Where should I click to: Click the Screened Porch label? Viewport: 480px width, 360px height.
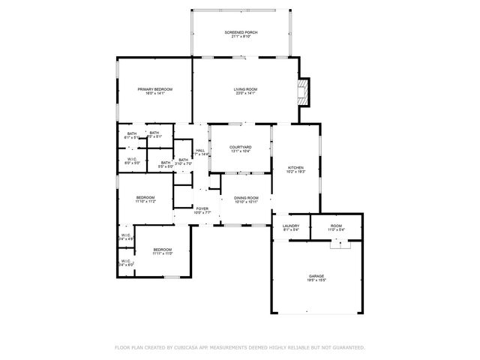tap(240, 32)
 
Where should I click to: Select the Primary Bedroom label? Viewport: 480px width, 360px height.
tap(154, 89)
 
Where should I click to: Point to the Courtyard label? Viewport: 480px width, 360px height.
tap(240, 147)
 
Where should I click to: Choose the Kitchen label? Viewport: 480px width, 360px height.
tap(295, 167)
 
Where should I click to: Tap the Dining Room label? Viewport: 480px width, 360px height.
tap(246, 197)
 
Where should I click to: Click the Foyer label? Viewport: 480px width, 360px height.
tap(202, 208)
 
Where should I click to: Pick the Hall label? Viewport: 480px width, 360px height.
tap(200, 151)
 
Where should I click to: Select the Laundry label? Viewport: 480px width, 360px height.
tap(291, 226)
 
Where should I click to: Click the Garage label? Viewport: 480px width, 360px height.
tap(316, 277)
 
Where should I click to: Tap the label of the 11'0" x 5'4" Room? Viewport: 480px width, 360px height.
tap(337, 226)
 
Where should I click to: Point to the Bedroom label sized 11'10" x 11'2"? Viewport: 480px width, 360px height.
tap(145, 197)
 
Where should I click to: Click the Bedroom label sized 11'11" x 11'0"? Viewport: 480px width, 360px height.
tap(163, 250)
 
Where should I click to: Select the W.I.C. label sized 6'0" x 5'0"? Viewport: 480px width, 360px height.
tap(131, 159)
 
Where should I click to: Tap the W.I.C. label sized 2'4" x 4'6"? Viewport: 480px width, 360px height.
tap(126, 235)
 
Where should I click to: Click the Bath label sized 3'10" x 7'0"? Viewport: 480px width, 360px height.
tap(183, 160)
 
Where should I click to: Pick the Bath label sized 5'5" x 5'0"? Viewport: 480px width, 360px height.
tap(166, 163)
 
